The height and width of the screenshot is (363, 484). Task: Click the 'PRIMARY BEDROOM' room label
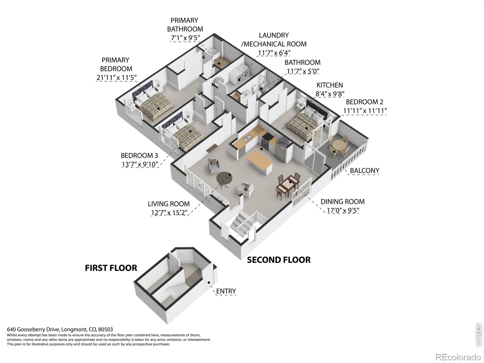[116, 64]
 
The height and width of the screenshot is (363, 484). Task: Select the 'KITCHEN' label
[330, 85]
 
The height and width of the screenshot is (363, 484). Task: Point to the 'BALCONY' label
[365, 171]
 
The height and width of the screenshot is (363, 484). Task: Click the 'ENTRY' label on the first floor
[226, 291]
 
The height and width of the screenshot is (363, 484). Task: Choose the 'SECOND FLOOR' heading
[279, 260]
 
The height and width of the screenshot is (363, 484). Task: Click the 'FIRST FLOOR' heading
[111, 268]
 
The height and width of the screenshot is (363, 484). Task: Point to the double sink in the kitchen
[247, 138]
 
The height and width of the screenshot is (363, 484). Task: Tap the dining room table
[288, 185]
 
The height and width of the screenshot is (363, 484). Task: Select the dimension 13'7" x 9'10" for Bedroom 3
[140, 165]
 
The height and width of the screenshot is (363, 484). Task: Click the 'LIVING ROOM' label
[169, 204]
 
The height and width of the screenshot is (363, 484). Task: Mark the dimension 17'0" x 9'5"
[343, 211]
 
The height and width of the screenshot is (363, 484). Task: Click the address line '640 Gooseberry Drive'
[33, 329]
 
